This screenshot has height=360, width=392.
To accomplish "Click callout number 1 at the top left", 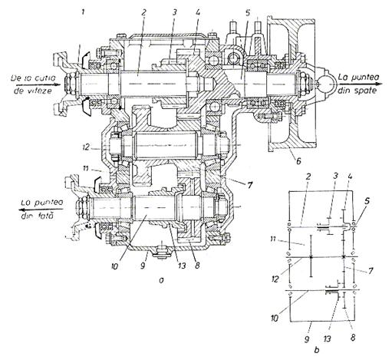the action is click(x=82, y=12).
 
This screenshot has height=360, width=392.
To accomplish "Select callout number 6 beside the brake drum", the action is click(x=298, y=161).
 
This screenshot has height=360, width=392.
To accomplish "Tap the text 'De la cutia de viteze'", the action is click(x=33, y=84).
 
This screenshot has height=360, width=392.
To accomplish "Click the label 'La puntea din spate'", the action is click(x=358, y=84).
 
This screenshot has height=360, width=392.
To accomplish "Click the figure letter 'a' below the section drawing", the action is click(x=161, y=281).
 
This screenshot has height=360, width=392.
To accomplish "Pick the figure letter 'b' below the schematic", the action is click(x=317, y=350).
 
